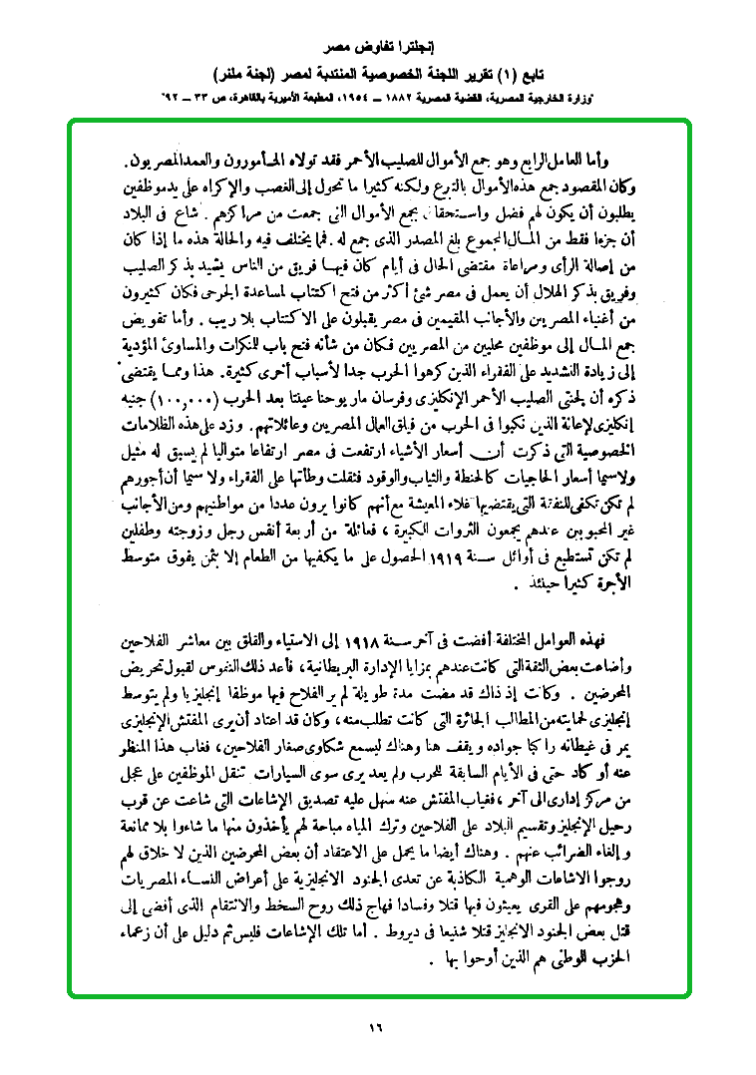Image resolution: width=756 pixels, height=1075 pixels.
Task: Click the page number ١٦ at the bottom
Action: tap(375, 1026)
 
